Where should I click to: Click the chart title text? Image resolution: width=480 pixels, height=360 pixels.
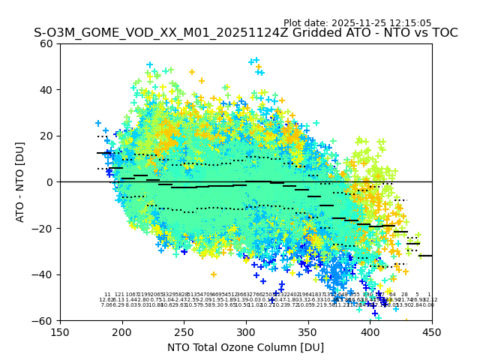coord(246,33)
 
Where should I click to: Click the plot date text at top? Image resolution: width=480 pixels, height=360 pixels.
coord(358,23)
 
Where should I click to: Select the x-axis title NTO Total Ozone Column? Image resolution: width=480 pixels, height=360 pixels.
coord(246,347)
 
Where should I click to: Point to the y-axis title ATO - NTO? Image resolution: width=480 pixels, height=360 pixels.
coord(20,181)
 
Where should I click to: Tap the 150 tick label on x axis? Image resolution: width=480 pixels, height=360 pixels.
coord(60,331)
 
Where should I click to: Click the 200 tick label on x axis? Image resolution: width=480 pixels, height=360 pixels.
coord(122,331)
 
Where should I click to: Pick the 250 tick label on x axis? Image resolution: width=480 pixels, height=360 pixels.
coord(184,331)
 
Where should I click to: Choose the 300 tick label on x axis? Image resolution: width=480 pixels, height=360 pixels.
coord(246,331)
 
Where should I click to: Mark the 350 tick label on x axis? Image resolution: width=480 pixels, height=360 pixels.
coord(308,331)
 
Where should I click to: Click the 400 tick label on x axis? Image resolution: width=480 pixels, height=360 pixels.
coord(370,331)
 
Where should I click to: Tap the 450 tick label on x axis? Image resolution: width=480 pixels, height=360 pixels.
coord(432,331)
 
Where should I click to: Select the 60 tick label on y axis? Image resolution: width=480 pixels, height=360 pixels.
coord(46,43)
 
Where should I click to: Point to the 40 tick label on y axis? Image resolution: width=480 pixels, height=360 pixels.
coord(46,90)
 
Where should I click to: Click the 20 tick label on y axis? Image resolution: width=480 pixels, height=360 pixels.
coord(46,136)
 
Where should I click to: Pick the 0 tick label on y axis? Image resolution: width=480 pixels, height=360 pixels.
coord(49,182)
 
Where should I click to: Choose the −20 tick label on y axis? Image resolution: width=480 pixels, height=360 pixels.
coord(43,228)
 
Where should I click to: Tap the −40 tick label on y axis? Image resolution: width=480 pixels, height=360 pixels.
coord(43,274)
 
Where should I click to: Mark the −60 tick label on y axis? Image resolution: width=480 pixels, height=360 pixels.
coord(43,320)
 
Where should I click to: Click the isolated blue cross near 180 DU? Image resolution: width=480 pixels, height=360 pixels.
coord(98,123)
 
